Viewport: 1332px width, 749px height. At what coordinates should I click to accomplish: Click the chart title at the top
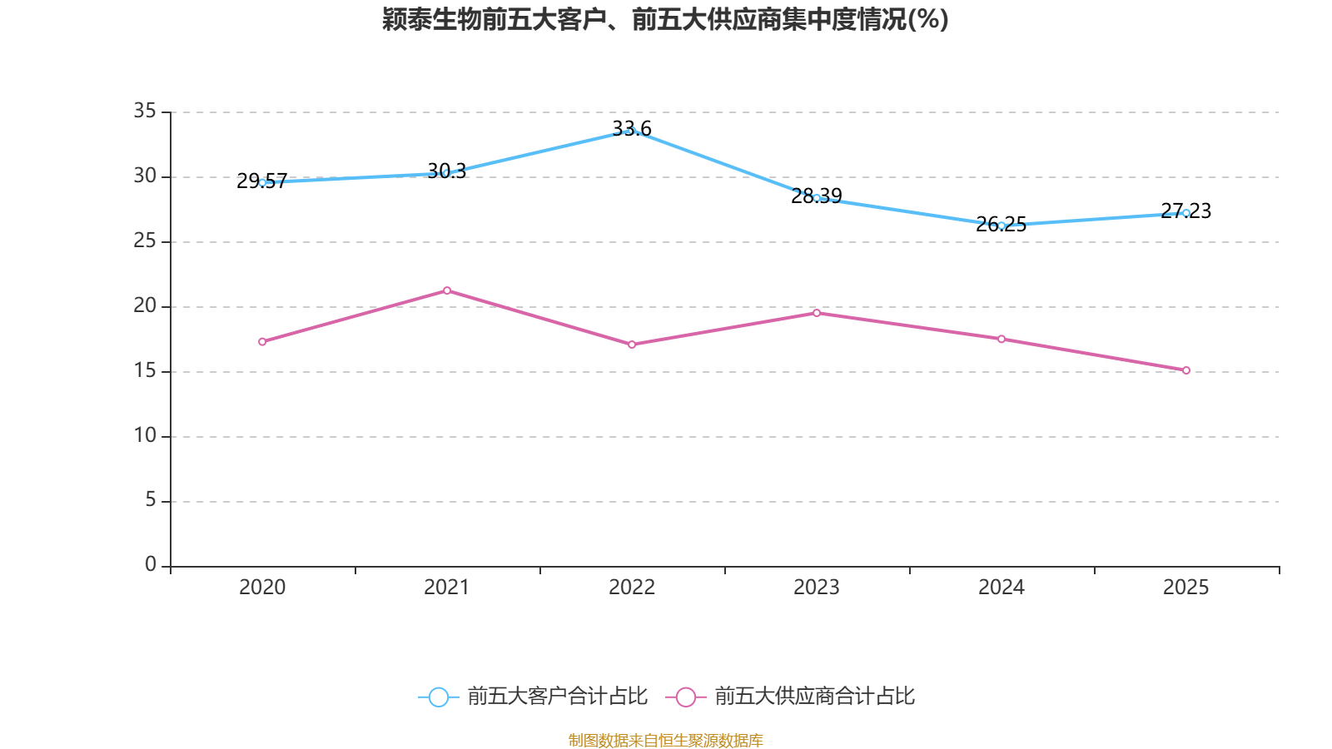[665, 20]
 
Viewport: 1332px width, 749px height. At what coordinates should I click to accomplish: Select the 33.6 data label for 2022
[632, 128]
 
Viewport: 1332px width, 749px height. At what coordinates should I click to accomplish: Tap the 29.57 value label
[261, 181]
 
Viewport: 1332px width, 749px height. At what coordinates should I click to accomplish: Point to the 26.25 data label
[1001, 224]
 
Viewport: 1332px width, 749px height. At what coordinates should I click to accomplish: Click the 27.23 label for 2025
[1185, 211]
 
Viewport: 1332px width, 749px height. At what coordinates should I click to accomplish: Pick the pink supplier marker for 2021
[447, 290]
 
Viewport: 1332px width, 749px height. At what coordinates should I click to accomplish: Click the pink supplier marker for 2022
[632, 345]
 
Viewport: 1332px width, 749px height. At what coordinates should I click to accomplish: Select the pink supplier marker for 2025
[1185, 370]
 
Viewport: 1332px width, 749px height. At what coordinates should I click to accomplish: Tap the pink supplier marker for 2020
[262, 342]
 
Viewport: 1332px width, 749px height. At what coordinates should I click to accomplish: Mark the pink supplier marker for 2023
[817, 313]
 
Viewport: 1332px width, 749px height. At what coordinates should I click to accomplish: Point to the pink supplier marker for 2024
[1001, 340]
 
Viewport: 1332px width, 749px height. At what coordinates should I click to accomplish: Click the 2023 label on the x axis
[817, 588]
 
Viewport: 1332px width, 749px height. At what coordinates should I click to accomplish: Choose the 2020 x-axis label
[262, 588]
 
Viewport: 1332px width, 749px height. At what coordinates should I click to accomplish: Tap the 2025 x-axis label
[1185, 588]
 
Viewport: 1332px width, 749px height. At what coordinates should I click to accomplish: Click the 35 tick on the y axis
[145, 112]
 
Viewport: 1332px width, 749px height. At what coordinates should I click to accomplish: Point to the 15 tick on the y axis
[145, 371]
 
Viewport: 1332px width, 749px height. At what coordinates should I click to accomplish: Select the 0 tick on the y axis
[151, 564]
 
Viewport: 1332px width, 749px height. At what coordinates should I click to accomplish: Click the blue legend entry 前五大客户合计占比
[533, 696]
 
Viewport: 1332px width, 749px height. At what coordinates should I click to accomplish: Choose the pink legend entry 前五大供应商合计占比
[790, 696]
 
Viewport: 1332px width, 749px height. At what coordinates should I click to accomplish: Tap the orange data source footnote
[665, 740]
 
